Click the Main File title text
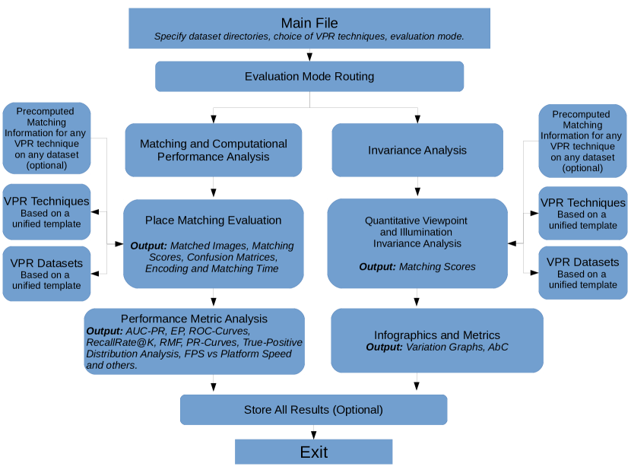309,23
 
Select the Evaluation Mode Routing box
309,77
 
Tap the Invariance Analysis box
417,150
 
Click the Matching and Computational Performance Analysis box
214,150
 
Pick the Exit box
313,452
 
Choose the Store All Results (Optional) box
313,410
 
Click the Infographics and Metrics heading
437,335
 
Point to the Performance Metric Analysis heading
194,319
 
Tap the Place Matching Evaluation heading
214,220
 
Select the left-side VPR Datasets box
46,274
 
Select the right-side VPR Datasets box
582,273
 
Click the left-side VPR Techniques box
46,212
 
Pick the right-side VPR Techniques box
582,213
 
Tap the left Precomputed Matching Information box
46,138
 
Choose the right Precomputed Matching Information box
582,141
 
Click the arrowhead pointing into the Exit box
313,435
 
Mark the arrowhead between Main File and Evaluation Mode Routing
309,57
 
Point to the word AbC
498,347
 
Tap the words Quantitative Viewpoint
416,221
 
